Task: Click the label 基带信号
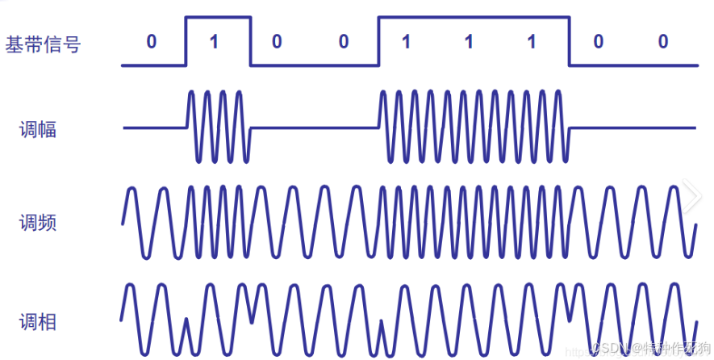click(x=44, y=44)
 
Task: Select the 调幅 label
click(x=38, y=129)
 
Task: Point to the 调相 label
click(x=38, y=322)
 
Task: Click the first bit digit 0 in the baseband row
click(x=152, y=42)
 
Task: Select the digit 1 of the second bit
click(x=214, y=42)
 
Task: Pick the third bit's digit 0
click(x=277, y=42)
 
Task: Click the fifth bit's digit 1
click(x=406, y=42)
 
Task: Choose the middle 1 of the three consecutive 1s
click(x=468, y=42)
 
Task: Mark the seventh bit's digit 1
click(x=530, y=42)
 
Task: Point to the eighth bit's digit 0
click(x=598, y=42)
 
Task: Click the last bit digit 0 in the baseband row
click(x=662, y=42)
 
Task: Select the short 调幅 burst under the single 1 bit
click(x=218, y=127)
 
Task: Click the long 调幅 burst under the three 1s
click(x=474, y=127)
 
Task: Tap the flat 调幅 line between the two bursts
click(x=315, y=127)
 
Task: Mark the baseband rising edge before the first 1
click(x=186, y=40)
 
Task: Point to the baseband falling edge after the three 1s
click(x=570, y=40)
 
